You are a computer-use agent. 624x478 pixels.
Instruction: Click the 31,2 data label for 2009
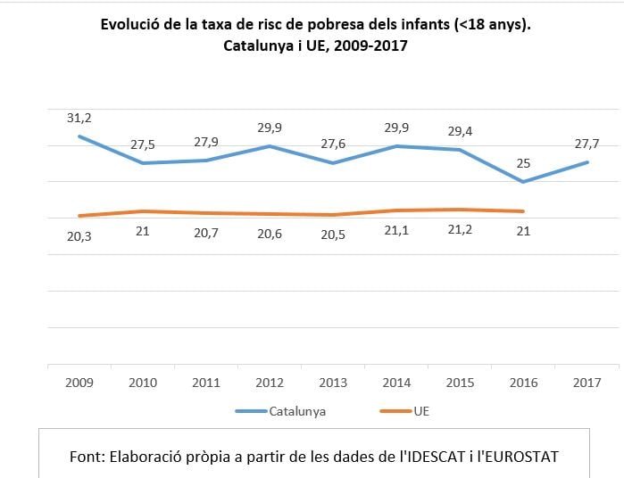click(x=79, y=117)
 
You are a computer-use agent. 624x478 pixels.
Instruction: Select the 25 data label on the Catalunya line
click(x=523, y=163)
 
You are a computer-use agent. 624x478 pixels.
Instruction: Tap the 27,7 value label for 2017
click(x=587, y=144)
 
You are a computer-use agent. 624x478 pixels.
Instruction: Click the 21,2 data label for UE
click(x=460, y=232)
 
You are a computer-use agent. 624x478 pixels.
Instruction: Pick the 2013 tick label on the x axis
click(x=332, y=383)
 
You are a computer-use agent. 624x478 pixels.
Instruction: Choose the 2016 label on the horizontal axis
click(x=523, y=383)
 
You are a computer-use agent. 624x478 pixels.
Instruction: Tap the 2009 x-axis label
click(x=79, y=383)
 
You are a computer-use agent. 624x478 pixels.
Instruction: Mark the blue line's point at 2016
click(x=523, y=182)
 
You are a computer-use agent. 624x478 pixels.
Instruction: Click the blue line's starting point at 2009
click(x=79, y=136)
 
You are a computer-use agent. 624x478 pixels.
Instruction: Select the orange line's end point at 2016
click(x=523, y=211)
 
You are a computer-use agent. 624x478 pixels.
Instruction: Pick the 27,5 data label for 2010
click(x=142, y=144)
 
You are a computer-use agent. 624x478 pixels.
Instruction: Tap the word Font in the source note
click(x=87, y=456)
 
